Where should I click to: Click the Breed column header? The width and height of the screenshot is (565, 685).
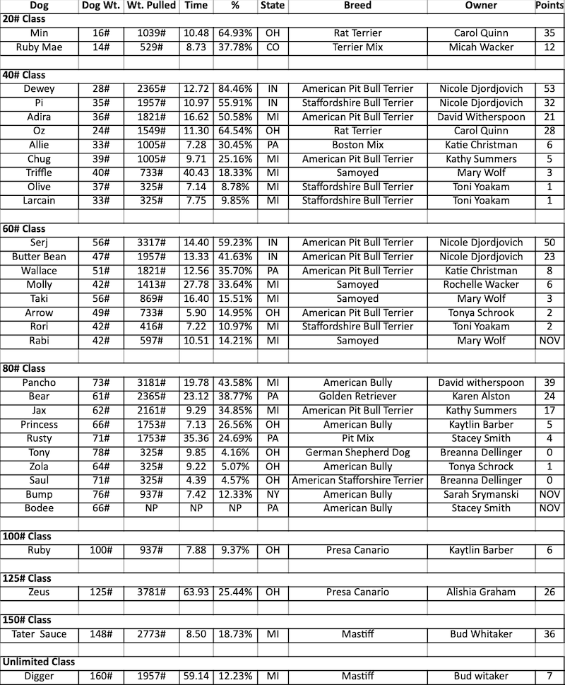pos(357,6)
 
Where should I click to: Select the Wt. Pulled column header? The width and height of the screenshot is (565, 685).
pos(151,6)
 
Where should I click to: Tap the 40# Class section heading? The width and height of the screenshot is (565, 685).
pos(23,75)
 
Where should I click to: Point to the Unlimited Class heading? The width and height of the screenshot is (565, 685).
pos(39,662)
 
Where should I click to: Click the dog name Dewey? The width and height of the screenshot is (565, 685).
pos(39,89)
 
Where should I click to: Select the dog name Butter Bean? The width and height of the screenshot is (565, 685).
pos(39,257)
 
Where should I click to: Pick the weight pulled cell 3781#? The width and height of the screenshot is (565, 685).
pos(151,592)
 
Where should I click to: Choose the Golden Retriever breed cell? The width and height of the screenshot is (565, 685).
pos(357,397)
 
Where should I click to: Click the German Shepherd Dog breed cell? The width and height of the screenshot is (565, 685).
pos(357,452)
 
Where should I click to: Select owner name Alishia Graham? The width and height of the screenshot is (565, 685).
pos(481,592)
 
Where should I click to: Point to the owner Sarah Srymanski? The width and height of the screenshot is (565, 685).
pos(481,494)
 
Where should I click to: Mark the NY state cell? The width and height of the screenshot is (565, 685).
pos(273,494)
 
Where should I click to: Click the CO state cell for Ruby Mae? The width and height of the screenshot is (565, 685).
pos(273,47)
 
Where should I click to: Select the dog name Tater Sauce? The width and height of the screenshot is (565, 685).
pos(39,634)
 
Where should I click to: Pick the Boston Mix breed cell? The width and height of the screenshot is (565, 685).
pos(357,145)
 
